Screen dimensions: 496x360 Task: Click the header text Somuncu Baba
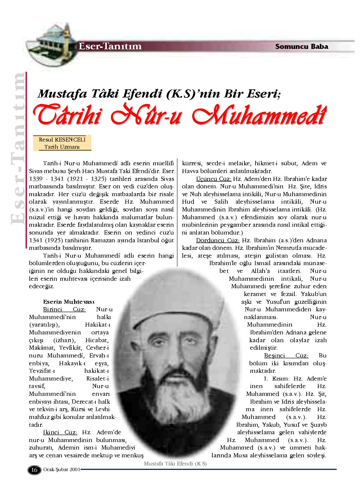point(301,46)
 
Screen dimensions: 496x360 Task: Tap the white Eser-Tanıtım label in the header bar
point(109,46)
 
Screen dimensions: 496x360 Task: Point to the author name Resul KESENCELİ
point(62,139)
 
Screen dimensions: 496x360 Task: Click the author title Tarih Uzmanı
point(62,147)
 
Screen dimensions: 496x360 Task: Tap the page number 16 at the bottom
point(34,470)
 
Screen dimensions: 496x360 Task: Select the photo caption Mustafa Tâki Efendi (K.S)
point(175,463)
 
